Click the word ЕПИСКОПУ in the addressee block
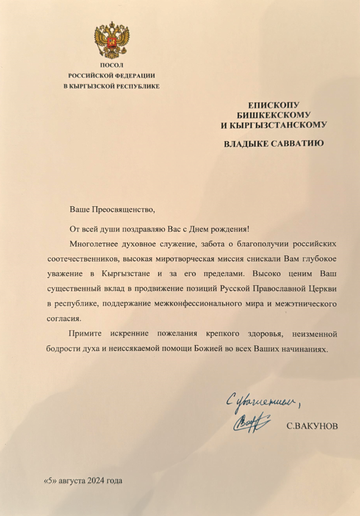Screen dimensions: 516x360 pyautogui.click(x=274, y=105)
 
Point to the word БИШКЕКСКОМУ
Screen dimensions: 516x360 pyautogui.click(x=274, y=115)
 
